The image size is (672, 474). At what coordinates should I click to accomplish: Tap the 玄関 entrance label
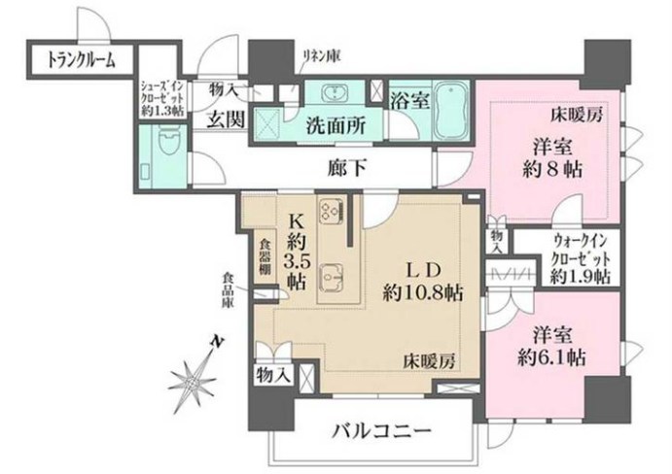[225, 119]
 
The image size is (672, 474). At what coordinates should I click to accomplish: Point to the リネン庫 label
[315, 52]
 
